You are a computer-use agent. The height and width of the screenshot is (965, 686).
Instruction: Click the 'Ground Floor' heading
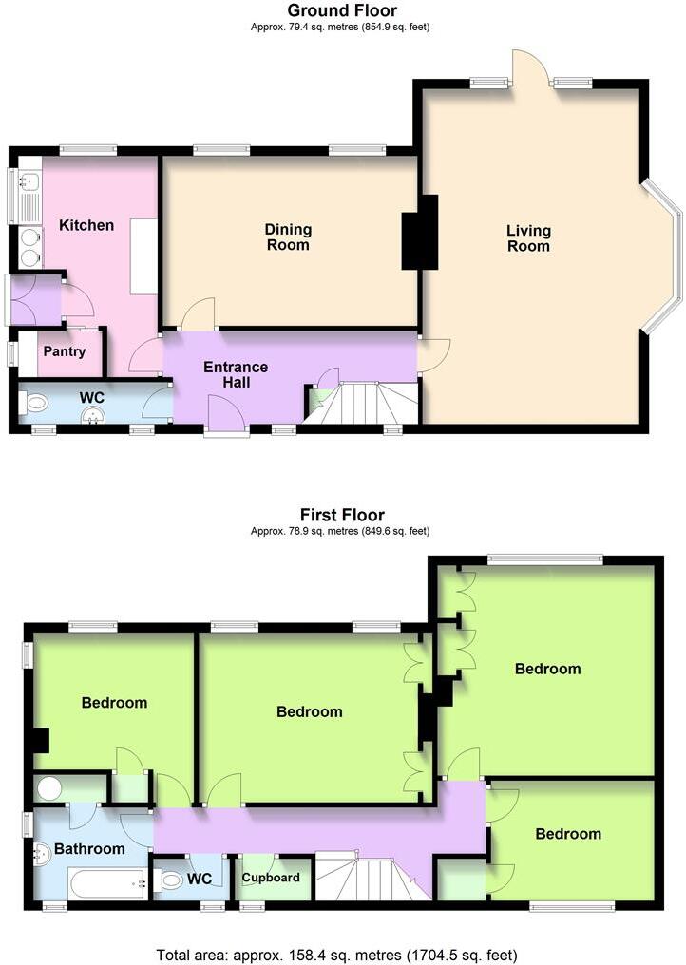point(342,10)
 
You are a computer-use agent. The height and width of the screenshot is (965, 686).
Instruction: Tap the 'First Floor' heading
point(342,516)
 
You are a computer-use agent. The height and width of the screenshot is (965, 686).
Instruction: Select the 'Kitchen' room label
point(86,225)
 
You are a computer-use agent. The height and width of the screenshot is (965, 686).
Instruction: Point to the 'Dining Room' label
point(288,237)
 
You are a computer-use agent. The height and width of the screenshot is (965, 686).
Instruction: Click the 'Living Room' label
point(528,238)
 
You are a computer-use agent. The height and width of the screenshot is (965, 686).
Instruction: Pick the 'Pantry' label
point(64,351)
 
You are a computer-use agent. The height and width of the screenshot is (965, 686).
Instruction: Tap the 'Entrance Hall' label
point(237,374)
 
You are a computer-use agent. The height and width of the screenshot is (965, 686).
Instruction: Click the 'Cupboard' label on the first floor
point(271,878)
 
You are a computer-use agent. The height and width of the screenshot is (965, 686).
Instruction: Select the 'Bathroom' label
point(89,848)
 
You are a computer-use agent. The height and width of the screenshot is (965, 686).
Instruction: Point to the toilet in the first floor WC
point(169,880)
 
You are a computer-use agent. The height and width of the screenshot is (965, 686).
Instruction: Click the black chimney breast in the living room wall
point(419,232)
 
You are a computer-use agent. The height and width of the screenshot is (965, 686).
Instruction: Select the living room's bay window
point(665,256)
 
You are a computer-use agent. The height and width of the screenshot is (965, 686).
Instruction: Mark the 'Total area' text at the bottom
point(342,953)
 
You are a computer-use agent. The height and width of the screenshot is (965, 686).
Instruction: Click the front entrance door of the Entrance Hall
point(227,416)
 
